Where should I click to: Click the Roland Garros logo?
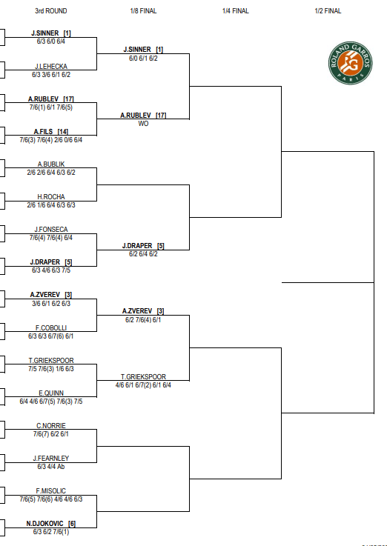pos(351,63)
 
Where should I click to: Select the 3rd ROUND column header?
pos(51,11)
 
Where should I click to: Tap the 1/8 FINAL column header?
pos(143,11)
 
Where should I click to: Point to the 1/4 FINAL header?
pos(236,11)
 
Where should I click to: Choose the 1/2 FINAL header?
pos(328,11)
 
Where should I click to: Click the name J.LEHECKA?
pos(51,66)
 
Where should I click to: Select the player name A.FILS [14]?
pos(51,132)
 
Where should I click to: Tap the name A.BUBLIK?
pos(51,164)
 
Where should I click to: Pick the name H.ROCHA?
pos(51,197)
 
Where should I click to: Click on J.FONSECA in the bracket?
pos(51,230)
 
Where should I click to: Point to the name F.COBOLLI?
pos(51,327)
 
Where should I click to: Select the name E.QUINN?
pos(51,393)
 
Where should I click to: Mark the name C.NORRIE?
pos(51,425)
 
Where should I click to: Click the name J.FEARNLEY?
pos(51,459)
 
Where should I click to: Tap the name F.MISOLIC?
pos(51,491)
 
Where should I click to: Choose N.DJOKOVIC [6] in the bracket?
pos(51,524)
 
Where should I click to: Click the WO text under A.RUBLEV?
pos(143,124)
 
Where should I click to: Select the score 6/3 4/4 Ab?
pos(51,467)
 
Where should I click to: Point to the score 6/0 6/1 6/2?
pos(143,58)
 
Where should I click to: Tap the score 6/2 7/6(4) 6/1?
pos(143,319)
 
